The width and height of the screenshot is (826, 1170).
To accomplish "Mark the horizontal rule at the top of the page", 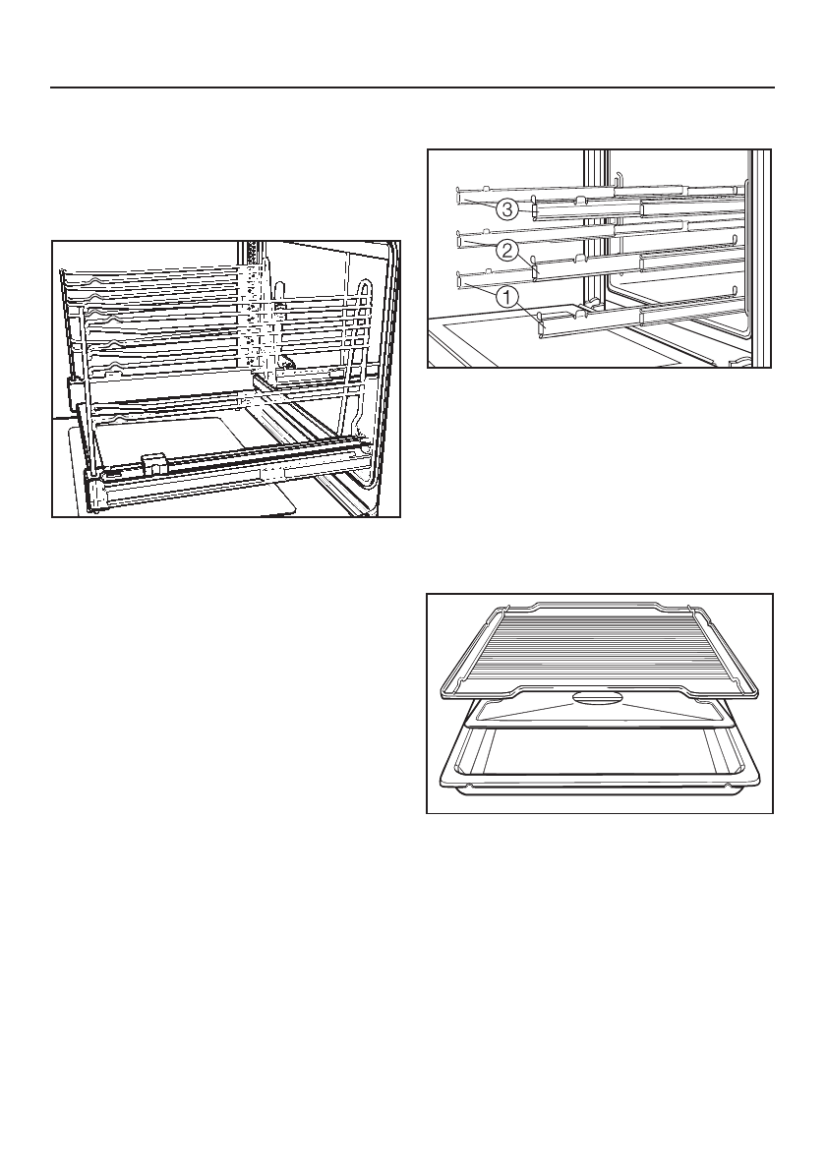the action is pos(413,88).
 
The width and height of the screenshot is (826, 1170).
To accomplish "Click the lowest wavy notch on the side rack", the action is pos(118,420).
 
